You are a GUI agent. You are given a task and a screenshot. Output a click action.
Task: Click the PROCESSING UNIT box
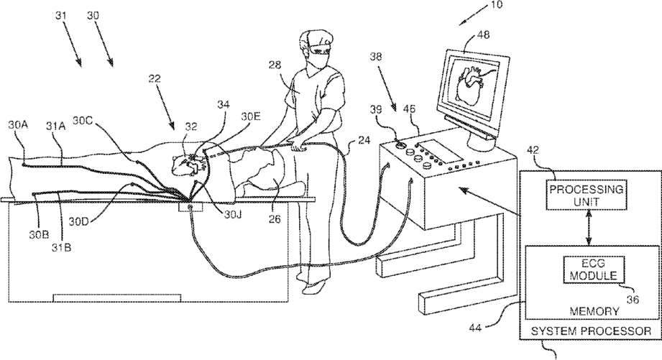point(583,195)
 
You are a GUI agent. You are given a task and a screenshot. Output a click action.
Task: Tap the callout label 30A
point(19,124)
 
